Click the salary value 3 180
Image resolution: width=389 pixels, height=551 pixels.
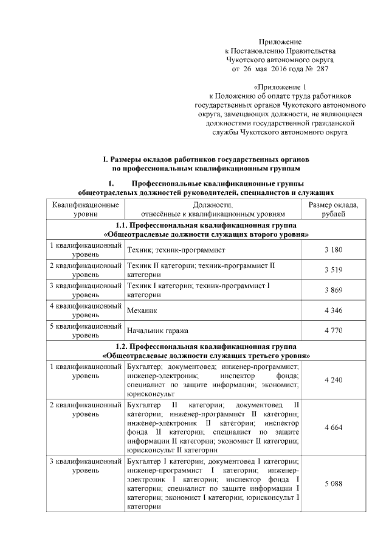coord(333,250)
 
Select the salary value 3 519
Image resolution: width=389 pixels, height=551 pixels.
coord(333,270)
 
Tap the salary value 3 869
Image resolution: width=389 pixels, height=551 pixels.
coord(333,290)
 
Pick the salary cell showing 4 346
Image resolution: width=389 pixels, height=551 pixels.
coord(333,311)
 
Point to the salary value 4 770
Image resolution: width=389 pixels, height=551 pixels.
coord(333,331)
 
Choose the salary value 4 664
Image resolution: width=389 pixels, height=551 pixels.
coord(333,428)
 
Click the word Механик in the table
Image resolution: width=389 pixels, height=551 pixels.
coord(142,311)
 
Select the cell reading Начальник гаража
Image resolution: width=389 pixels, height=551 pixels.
coord(160,331)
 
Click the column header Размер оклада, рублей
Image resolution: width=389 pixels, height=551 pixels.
coord(333,210)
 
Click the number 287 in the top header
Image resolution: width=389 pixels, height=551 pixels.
coord(322,70)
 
